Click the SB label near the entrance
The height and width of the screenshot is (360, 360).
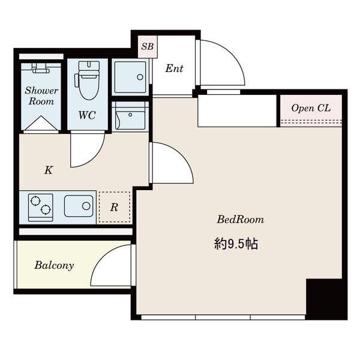pos(147,47)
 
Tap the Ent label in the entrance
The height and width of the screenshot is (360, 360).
pos(174,68)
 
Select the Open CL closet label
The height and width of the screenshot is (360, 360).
pos(311,108)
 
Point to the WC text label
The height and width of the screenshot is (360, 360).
pos(87,115)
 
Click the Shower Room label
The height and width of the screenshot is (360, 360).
pos(41,96)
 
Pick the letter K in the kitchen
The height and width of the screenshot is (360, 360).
pos(49,170)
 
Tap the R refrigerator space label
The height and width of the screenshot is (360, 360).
pos(114,208)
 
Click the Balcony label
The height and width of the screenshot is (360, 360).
pos(54,265)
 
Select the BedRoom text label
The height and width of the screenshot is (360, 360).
pos(241,220)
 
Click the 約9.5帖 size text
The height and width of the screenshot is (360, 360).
pos(236,244)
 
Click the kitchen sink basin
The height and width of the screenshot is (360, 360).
pos(79,206)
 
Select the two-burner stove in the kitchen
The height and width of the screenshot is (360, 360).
pos(41,208)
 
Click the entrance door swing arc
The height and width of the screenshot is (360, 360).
pos(232,54)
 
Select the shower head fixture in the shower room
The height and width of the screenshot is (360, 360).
pos(41,68)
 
